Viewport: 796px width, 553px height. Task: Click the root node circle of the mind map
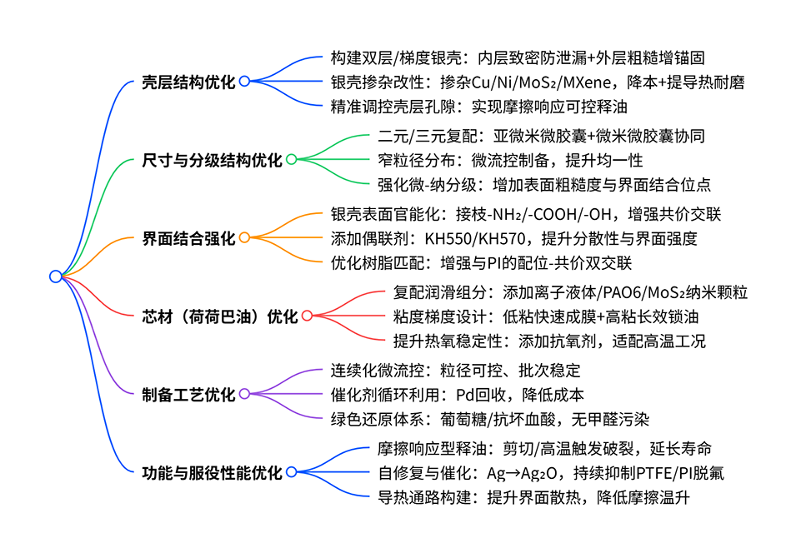point(56,276)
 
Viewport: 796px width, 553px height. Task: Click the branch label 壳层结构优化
point(188,82)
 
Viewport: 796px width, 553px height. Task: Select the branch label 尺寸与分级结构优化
point(212,160)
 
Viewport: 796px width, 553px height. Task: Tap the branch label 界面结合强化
point(188,238)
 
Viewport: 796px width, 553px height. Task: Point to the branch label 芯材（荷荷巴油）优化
point(219,316)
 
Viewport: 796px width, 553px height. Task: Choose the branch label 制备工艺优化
point(188,395)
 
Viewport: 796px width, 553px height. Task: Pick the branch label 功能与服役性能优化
point(212,473)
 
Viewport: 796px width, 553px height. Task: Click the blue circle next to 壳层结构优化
point(244,81)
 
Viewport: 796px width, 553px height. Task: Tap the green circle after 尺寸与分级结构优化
point(291,159)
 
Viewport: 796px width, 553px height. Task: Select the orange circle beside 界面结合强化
point(244,237)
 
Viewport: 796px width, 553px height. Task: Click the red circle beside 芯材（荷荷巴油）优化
point(306,316)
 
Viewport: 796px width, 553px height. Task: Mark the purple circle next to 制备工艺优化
point(244,394)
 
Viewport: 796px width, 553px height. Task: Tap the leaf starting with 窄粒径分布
point(510,160)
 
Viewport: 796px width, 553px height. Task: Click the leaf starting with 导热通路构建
point(533,498)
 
